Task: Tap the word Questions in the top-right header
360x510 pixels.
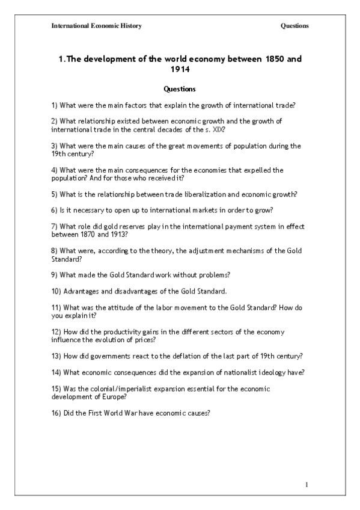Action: [x=294, y=26]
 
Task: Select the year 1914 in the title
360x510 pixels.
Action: [x=180, y=70]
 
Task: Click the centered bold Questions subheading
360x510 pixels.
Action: [x=179, y=90]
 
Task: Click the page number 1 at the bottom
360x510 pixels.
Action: [x=306, y=485]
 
